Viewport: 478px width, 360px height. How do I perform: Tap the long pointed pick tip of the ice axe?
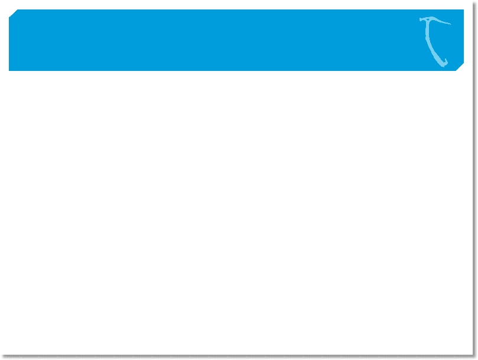click(450, 24)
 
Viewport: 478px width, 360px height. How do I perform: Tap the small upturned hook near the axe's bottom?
click(448, 61)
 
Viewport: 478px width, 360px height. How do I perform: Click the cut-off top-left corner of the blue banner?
click(12, 13)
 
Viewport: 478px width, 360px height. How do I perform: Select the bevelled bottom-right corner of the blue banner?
click(461, 68)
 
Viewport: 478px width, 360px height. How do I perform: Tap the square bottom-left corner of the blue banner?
click(9, 70)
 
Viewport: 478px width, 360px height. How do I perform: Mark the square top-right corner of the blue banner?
click(463, 10)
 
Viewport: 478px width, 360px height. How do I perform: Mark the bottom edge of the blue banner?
click(236, 70)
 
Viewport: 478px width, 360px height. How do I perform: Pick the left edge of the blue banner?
click(9, 41)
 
